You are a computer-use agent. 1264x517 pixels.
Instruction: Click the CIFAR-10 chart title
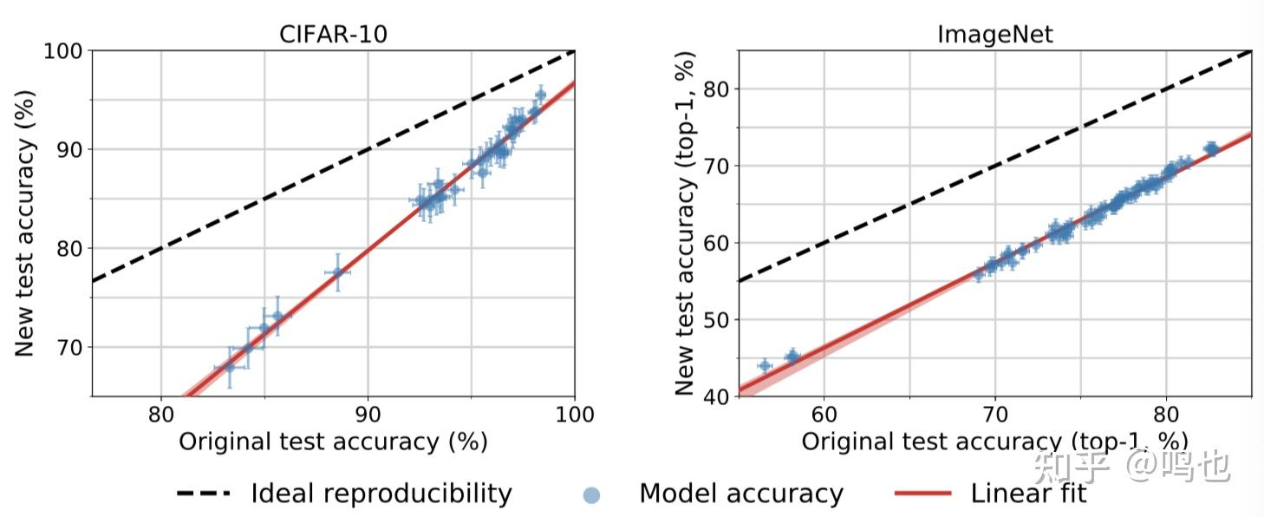[333, 35]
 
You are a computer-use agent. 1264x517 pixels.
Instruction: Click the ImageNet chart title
[994, 35]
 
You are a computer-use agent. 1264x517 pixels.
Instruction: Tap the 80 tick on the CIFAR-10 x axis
[161, 415]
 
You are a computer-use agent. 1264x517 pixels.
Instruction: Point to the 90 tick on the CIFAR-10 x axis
[368, 415]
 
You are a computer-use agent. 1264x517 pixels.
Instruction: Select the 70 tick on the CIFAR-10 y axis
[70, 347]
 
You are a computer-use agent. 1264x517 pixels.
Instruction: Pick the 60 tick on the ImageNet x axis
[824, 415]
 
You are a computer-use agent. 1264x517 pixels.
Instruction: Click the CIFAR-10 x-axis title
[333, 442]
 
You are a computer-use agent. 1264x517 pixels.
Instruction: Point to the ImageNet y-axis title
[686, 224]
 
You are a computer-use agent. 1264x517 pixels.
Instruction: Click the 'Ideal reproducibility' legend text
[381, 494]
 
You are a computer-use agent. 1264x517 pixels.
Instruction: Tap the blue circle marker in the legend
[591, 495]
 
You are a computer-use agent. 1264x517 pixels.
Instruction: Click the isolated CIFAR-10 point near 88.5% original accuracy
[337, 272]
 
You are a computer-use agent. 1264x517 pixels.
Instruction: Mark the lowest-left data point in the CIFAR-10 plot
[230, 367]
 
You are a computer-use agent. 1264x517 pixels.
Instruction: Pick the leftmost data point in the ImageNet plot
[764, 366]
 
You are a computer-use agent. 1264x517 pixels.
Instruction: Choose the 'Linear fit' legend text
[1028, 494]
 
